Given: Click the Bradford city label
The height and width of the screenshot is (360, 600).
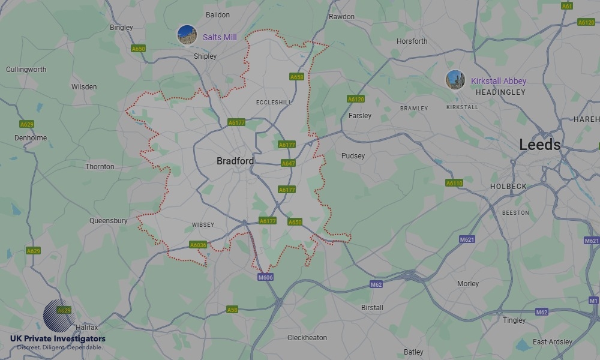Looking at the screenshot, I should (x=235, y=161).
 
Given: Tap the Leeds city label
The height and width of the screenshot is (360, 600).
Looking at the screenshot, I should (x=539, y=145).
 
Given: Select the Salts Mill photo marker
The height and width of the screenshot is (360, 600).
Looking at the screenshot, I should (x=187, y=35).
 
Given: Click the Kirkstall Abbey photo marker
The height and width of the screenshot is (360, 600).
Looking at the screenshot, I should (x=455, y=80).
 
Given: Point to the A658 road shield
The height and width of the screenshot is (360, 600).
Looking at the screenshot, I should (x=296, y=77).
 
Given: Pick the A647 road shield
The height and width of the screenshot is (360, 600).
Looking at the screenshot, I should (x=288, y=163).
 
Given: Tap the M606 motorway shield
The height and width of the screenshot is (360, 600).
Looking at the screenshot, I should (x=265, y=277).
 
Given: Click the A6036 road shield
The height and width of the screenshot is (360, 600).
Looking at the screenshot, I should (x=198, y=245).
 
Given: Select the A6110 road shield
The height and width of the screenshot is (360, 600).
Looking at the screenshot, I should (x=454, y=183).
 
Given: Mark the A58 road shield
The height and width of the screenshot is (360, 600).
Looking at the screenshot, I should (x=232, y=310).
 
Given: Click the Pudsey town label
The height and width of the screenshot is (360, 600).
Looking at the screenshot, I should (x=353, y=156).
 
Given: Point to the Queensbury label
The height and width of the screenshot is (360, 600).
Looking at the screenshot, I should (x=109, y=221).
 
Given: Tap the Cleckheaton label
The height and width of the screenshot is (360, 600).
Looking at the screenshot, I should (x=307, y=338).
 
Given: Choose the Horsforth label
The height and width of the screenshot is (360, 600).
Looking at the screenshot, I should (x=412, y=41).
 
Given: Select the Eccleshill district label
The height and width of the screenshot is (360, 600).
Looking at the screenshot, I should (x=274, y=103).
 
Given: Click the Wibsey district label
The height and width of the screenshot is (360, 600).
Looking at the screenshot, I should (x=203, y=225).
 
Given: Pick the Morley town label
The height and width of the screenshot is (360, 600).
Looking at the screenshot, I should (x=468, y=284).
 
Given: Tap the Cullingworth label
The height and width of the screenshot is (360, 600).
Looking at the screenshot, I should (x=26, y=70).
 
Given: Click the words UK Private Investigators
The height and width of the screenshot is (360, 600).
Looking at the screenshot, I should (x=58, y=339).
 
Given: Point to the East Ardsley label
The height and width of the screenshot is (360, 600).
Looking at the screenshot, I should (x=553, y=342).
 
